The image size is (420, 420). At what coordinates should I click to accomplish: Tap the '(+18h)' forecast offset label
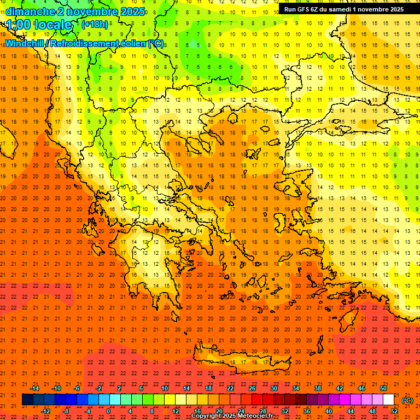pos(95,24)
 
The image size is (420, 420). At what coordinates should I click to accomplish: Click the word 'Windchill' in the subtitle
pos(25,43)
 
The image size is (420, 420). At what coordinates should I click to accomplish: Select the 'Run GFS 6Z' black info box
pos(343,9)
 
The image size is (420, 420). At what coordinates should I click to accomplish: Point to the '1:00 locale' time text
pos(39,25)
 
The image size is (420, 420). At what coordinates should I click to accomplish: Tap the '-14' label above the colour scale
pos(34,388)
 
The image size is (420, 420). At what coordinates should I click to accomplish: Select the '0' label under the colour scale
pos(108,411)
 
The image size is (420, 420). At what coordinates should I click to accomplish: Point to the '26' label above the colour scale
pos(252,388)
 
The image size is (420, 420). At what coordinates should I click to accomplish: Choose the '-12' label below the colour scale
pos(45,411)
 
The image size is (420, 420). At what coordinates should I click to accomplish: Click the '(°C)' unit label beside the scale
pos(407,400)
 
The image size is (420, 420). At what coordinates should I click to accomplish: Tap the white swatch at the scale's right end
pos(388,400)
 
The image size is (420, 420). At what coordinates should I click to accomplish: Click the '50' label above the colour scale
pos(383,388)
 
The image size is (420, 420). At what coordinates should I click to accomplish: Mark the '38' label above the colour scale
pos(318,388)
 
